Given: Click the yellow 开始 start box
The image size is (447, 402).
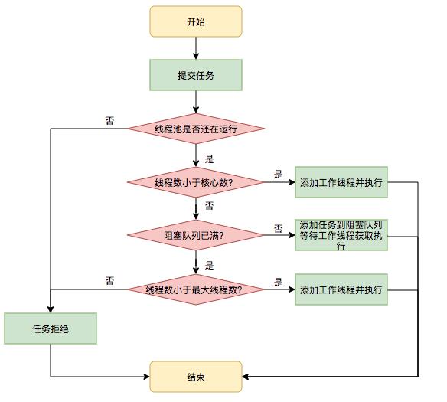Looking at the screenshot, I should coord(195,21).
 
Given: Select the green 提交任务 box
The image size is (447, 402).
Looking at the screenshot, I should coord(195,75).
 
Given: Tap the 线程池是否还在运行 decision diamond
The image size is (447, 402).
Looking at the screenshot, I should coord(195,129).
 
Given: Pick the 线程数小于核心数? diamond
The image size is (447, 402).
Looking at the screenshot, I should coord(195,182).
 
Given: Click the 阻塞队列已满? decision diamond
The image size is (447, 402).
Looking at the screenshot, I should coord(195,236).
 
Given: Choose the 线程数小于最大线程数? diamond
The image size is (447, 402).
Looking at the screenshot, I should coord(195,289).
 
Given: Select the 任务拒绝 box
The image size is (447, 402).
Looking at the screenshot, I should coord(51,328).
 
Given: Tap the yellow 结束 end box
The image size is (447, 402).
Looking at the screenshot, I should coord(195,377).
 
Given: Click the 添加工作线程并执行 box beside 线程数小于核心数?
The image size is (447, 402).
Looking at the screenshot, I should coord(341,182).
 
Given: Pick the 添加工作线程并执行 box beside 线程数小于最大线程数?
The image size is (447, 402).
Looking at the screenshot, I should coord(341,289).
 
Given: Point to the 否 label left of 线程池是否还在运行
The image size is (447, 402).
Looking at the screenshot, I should coord(110,120).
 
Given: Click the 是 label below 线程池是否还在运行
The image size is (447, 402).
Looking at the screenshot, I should coord(209,159).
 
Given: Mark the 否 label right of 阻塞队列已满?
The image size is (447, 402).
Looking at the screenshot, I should coord(278,228).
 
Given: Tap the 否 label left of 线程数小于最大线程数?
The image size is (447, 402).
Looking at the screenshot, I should coord(110,281).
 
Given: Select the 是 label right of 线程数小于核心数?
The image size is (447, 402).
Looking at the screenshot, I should coord(278,175).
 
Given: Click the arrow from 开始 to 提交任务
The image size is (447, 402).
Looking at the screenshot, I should coord(195,48).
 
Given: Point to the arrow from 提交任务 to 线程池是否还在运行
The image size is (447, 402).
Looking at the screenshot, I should coord(195,101).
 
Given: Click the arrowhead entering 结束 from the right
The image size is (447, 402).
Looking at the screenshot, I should coord(246,377).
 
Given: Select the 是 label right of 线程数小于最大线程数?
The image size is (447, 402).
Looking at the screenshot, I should coord(278,282).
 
